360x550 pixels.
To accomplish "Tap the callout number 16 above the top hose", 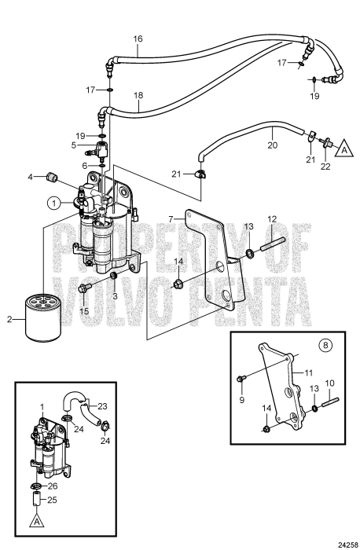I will click(x=138, y=38).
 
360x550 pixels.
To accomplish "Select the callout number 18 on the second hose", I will click(x=138, y=95).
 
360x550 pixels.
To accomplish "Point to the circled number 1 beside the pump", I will click(x=53, y=202).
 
